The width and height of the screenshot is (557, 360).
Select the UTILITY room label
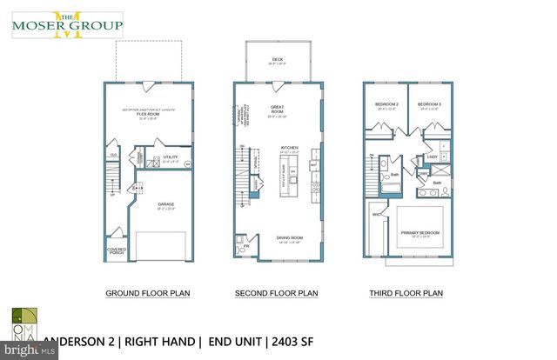coord(171,157)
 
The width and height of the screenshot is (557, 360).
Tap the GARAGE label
coord(164,204)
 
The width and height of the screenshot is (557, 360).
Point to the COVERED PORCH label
coord(115,250)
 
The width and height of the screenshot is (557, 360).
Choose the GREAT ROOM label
coord(278,110)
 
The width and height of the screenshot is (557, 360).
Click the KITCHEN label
coord(289,149)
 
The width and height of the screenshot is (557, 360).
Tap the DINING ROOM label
coord(289,239)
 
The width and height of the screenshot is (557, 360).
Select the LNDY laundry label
coord(432,157)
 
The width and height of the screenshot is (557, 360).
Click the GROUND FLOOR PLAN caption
coord(147,294)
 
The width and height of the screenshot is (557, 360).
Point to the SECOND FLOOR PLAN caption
coord(278,294)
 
